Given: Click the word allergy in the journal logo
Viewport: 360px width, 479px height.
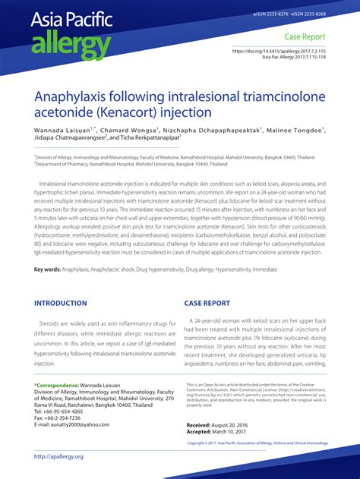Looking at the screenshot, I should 71,46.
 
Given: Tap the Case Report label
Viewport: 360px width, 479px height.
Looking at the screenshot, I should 305,36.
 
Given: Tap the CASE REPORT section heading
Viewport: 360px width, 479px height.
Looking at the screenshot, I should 207,303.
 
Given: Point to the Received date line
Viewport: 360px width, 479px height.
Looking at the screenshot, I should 220,424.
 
